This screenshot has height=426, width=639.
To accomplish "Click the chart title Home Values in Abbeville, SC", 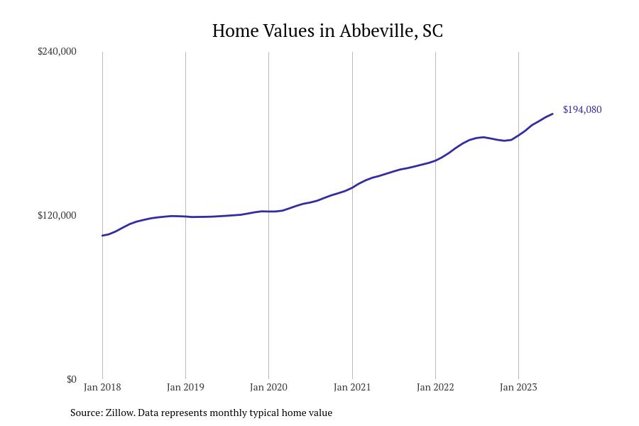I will point(327,31).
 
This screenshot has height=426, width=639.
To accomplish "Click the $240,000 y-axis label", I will point(57,51).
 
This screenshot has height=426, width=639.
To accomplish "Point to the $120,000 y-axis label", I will point(57,215).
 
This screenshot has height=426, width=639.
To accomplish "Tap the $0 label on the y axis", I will point(71,379).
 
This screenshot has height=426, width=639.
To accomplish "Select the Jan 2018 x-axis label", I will point(102,387).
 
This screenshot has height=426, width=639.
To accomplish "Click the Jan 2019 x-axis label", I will point(185,387).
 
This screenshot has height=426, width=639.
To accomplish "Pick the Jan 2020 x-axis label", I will point(268,387).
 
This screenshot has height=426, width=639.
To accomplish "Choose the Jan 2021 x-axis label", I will point(352,387).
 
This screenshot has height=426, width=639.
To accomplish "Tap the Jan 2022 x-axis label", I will point(435,387).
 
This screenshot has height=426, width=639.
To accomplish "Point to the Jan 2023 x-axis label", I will point(518,387).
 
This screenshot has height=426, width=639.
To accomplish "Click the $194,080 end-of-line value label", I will point(582,109).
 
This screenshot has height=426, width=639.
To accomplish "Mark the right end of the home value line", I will point(552,114).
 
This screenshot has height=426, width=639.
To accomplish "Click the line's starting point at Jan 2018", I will point(102,235).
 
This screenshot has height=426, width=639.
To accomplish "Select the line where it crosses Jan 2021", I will point(352,187).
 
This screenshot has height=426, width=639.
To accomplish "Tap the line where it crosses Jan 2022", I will point(435,160).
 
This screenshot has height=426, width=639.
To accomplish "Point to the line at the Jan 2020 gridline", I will point(268,212).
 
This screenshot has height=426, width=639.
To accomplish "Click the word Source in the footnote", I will point(85,413).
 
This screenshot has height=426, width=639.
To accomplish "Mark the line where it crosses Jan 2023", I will point(518,135).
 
